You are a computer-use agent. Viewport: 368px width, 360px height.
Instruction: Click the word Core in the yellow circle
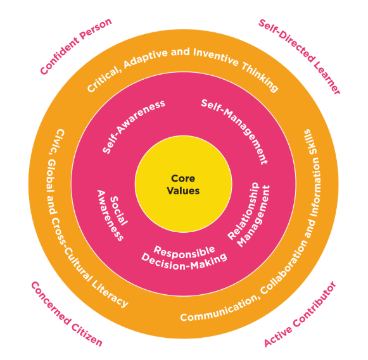tap(183, 178)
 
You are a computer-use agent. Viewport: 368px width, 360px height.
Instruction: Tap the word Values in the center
tap(183, 190)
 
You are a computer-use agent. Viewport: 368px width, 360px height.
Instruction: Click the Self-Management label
tap(236, 130)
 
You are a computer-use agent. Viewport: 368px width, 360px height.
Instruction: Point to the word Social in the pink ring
tap(119, 211)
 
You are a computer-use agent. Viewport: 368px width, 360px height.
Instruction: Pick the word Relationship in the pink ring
tap(244, 211)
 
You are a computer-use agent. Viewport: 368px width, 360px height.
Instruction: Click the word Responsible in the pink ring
tap(184, 252)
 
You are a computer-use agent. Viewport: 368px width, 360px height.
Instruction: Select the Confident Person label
tap(75, 46)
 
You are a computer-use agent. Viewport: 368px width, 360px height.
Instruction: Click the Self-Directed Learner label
tap(300, 56)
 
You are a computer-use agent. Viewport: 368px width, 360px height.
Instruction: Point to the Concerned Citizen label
tap(67, 314)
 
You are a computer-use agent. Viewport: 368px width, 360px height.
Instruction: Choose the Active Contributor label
tap(300, 314)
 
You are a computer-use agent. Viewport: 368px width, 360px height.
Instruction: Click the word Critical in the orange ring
tap(104, 78)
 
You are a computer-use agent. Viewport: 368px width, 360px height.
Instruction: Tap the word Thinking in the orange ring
tap(260, 77)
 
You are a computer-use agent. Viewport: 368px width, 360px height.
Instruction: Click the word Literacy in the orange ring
tap(110, 294)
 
